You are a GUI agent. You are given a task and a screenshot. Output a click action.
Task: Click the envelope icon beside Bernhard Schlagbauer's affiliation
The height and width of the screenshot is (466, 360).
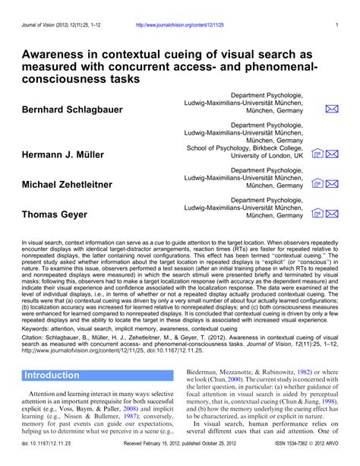tap(332, 109)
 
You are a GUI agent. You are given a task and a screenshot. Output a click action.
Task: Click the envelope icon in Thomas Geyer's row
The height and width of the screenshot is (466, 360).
tap(332, 214)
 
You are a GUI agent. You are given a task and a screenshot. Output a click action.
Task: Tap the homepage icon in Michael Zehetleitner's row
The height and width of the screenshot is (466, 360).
tap(318, 184)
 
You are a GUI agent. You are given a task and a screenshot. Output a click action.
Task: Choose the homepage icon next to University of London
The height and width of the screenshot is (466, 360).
tap(318, 154)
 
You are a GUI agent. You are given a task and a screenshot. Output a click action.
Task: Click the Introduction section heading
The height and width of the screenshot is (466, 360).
tap(52, 376)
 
